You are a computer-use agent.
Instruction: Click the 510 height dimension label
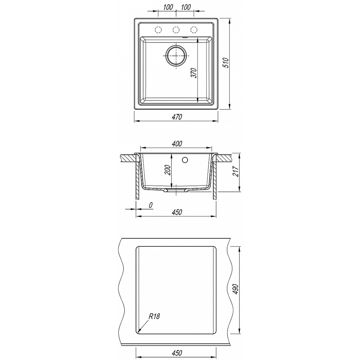[x=226, y=63]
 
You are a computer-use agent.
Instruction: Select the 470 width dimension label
[x=177, y=117]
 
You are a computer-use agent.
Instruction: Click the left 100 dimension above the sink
[x=168, y=7]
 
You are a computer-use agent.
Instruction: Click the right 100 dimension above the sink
[x=186, y=7]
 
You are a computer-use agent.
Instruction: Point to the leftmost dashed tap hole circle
[x=158, y=30]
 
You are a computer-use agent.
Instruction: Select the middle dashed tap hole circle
[x=176, y=30]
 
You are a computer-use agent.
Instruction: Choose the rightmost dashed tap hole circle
[x=194, y=30]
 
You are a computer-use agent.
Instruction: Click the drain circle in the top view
[x=176, y=56]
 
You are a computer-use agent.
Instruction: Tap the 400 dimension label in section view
[x=177, y=144]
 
